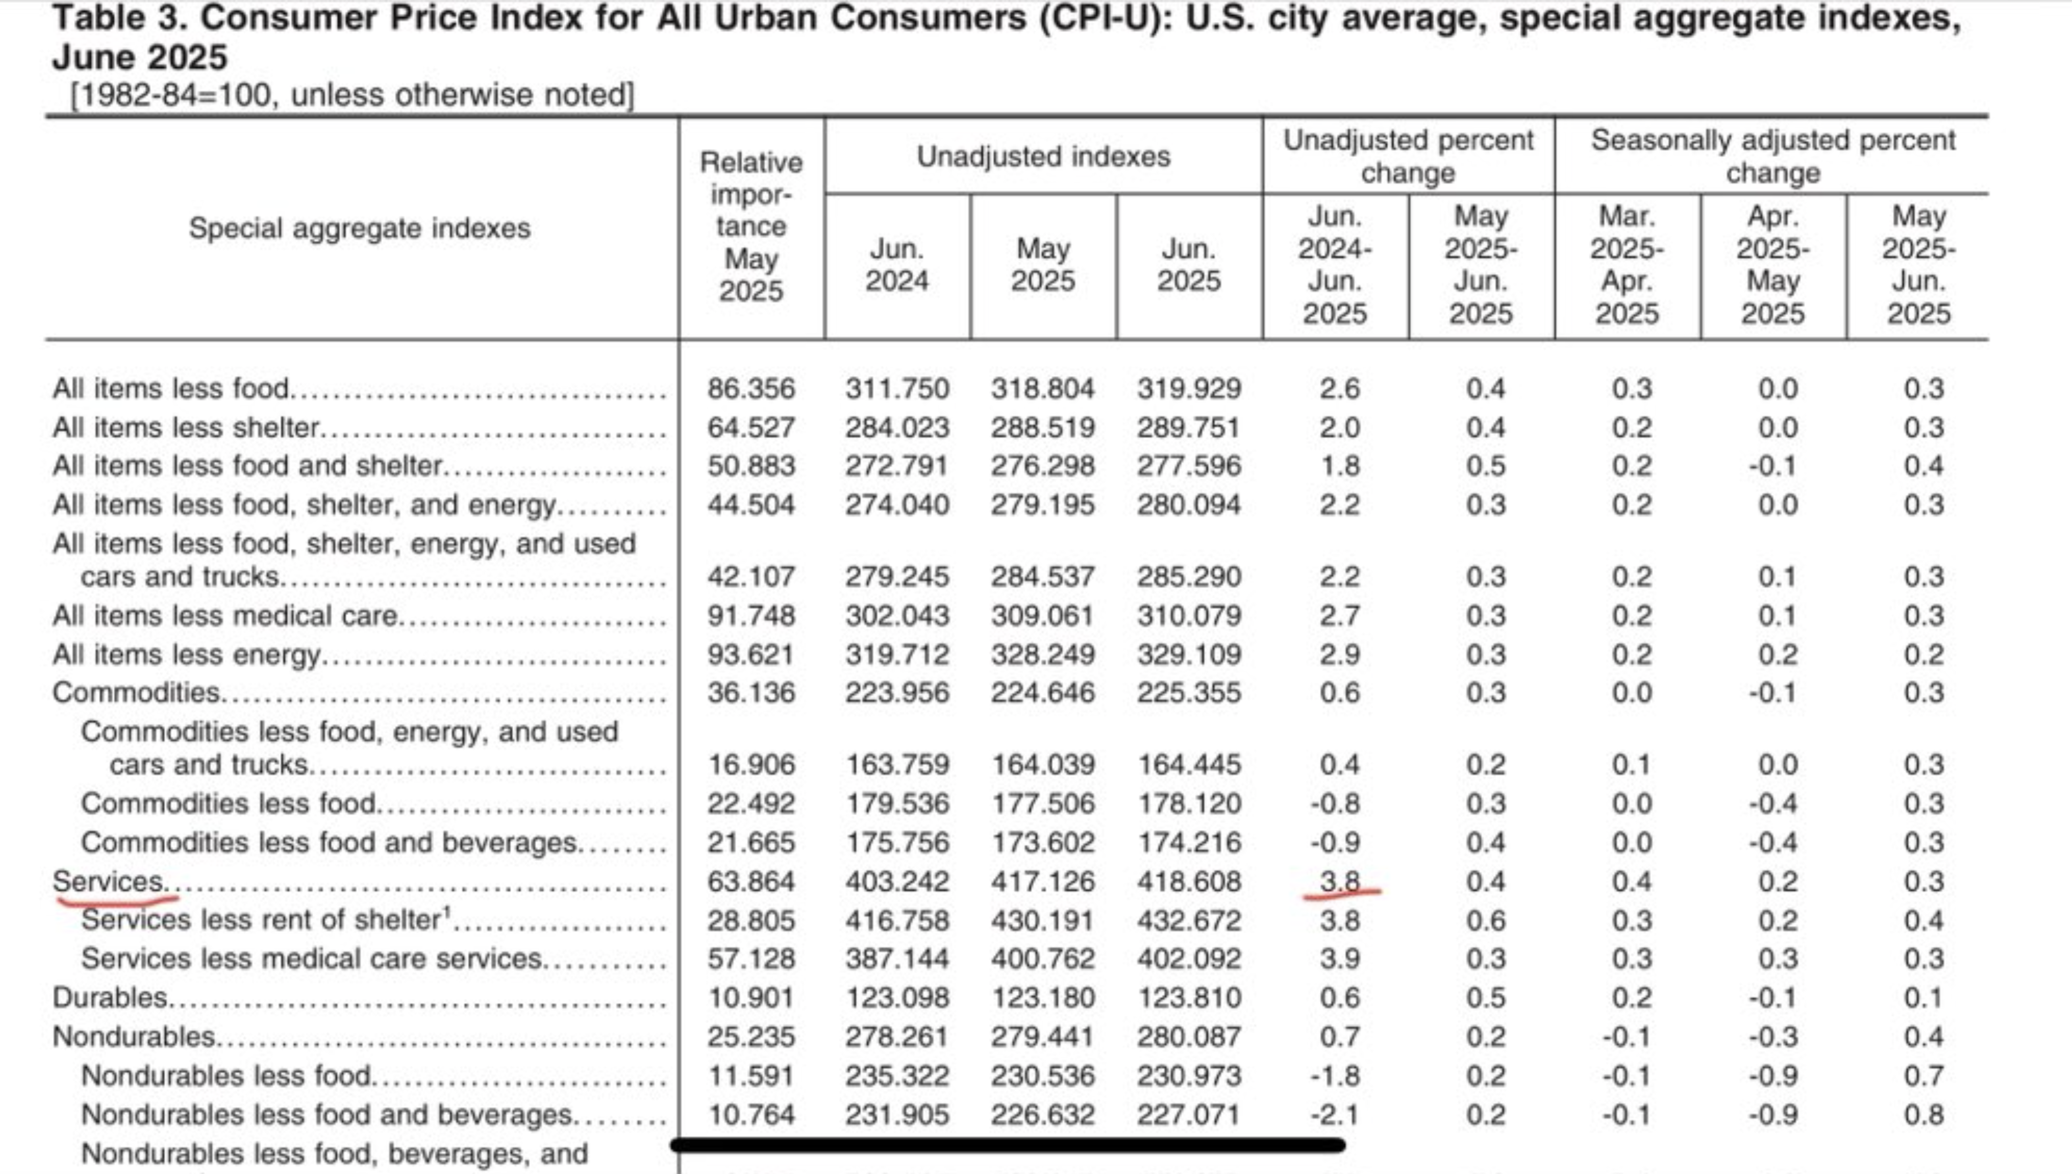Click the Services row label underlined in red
[108, 881]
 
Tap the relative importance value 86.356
[751, 388]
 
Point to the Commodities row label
[136, 692]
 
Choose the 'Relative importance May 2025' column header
[751, 227]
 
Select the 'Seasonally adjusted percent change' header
[1773, 157]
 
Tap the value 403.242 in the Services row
[897, 881]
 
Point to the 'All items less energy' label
[186, 654]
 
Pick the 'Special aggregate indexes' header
[359, 228]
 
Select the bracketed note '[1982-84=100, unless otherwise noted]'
[352, 95]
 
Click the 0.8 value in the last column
[1924, 1115]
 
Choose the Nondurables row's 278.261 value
[897, 1037]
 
